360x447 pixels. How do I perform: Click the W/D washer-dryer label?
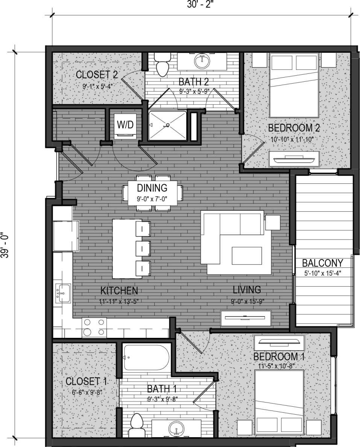click(125, 124)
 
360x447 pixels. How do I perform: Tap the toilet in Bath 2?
click(163, 65)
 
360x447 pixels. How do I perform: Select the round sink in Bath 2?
click(202, 61)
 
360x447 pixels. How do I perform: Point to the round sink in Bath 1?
click(177, 429)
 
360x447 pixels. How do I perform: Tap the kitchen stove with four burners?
click(94, 327)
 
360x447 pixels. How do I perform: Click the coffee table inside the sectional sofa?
click(247, 256)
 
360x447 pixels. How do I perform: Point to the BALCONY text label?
click(323, 262)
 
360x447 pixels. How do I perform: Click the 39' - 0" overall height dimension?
click(5, 245)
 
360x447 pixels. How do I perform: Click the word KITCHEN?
click(119, 290)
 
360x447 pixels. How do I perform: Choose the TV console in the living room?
click(246, 317)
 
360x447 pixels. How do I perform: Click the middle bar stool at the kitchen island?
click(143, 248)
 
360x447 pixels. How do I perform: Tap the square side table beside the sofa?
click(273, 222)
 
